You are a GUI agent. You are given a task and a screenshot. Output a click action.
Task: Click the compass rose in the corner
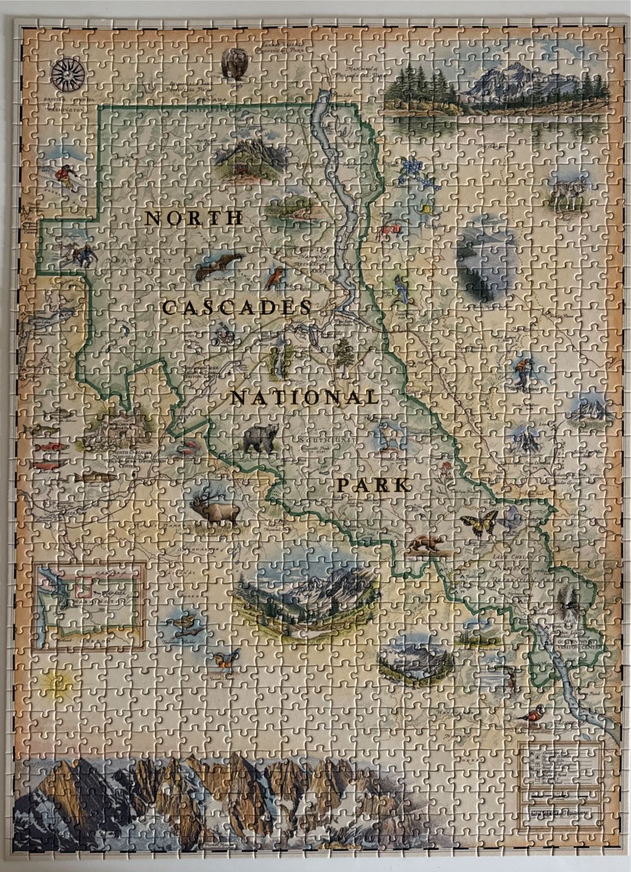point(68,74)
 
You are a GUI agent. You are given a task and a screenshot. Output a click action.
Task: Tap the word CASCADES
point(237,308)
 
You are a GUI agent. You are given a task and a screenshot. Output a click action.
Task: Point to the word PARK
point(373,485)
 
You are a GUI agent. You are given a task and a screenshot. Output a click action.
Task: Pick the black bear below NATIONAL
point(261,439)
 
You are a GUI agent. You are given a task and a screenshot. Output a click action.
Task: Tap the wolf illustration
point(567,192)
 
